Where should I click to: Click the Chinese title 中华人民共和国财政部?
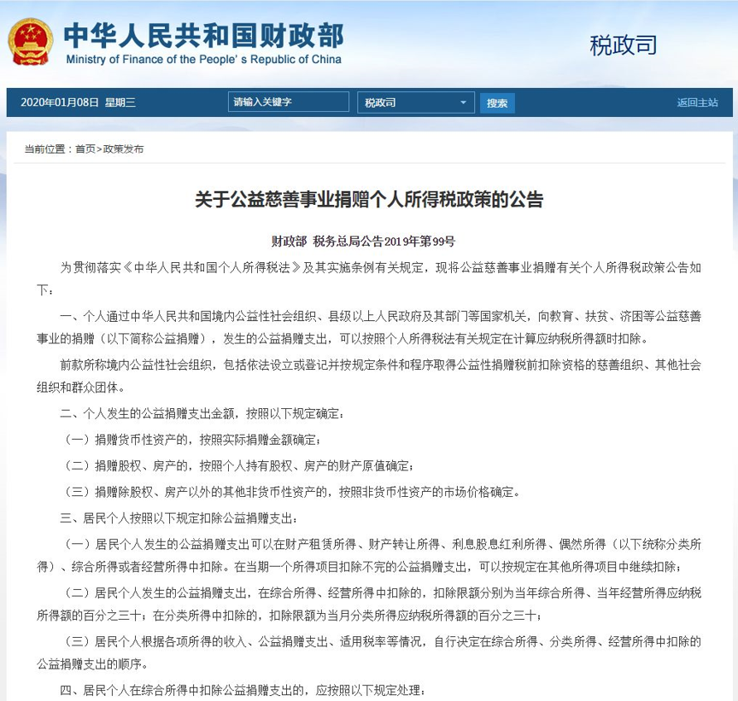tap(203, 34)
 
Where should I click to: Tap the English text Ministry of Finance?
tap(203, 60)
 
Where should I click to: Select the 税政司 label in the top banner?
tap(623, 45)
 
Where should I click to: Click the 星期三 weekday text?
tap(120, 102)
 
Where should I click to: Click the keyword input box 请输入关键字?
tap(289, 102)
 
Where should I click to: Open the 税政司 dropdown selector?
tap(415, 102)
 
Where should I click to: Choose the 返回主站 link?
tap(697, 102)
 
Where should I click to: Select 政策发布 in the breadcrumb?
tap(124, 149)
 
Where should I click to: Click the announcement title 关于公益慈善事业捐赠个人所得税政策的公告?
tap(369, 201)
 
